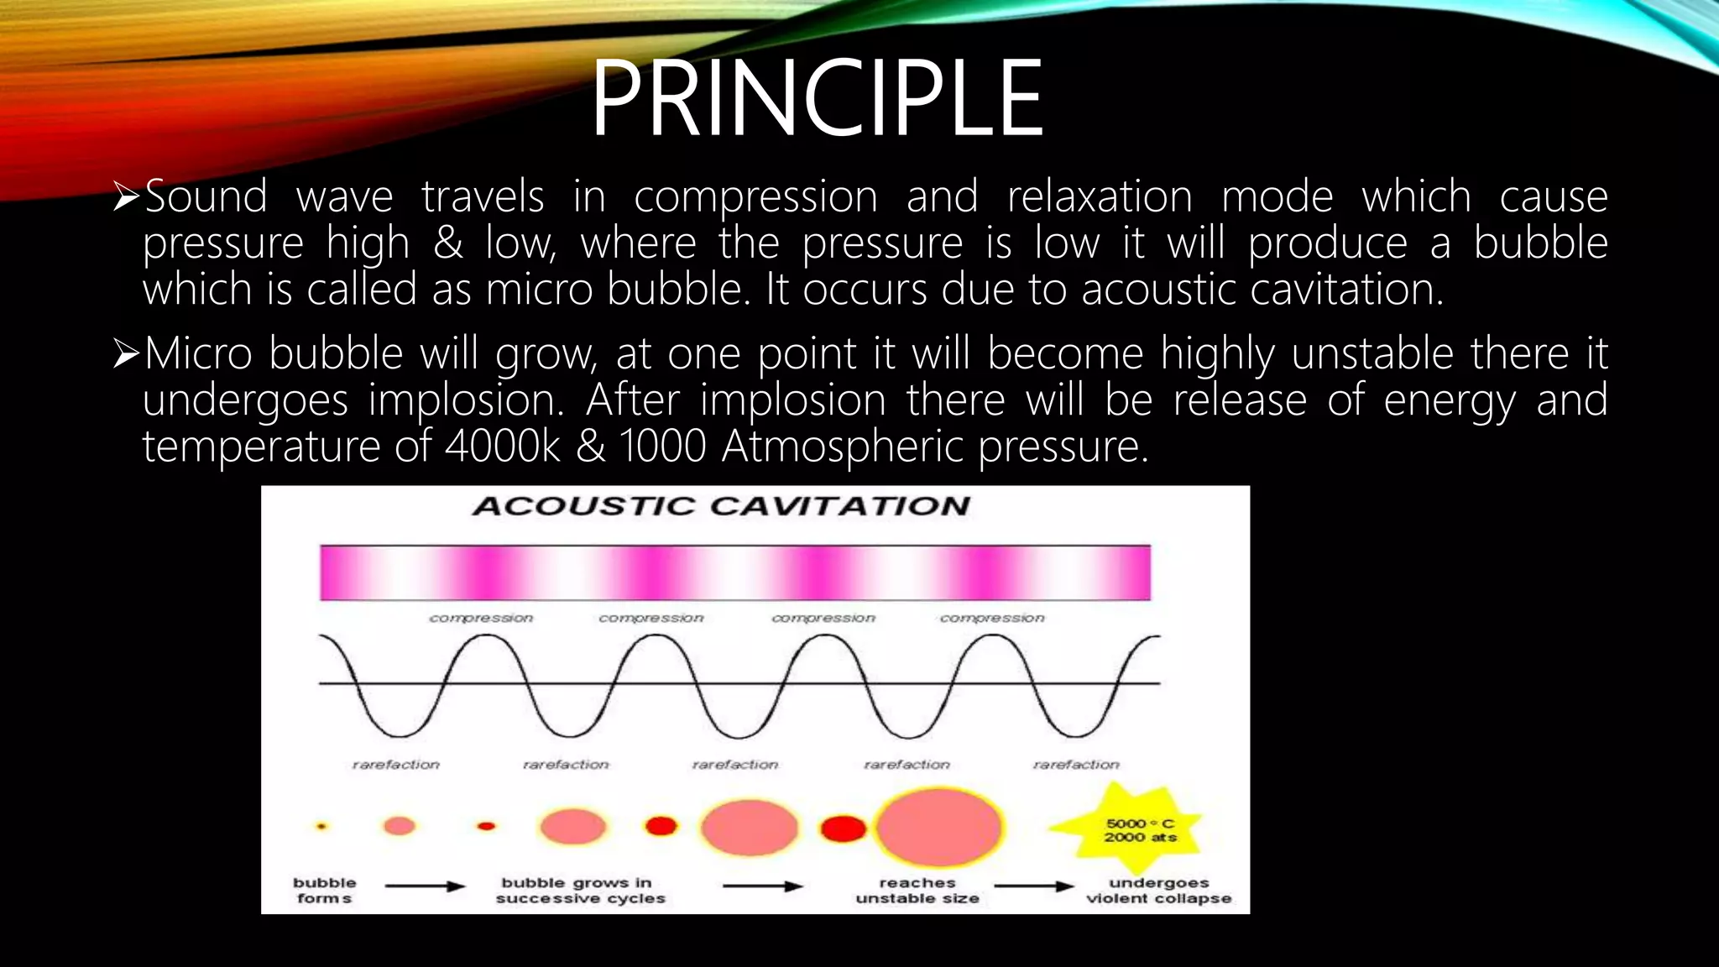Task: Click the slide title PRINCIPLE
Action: click(817, 98)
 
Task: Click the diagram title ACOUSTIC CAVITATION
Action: click(720, 506)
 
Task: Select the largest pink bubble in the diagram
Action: click(938, 827)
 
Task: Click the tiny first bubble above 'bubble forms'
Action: click(321, 827)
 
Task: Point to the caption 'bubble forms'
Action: click(324, 891)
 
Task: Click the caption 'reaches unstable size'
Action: click(917, 891)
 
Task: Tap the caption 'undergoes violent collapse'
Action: click(1158, 891)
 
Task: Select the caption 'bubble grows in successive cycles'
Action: click(579, 891)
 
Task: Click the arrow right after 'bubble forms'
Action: click(425, 886)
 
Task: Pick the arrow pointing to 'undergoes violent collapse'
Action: click(1034, 886)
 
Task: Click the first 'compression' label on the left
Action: click(481, 618)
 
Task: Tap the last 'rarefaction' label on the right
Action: click(1076, 765)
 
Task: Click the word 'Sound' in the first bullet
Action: click(206, 197)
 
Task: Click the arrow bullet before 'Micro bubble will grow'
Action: click(126, 354)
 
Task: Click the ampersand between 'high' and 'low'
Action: click(448, 243)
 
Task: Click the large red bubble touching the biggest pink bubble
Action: click(843, 828)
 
